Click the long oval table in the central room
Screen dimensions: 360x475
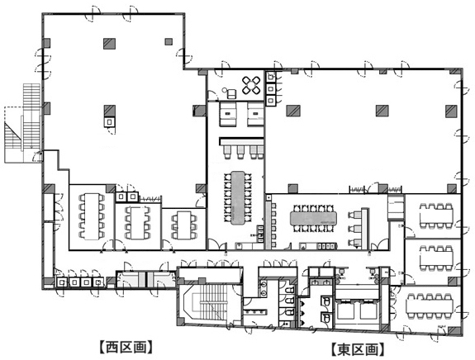pos(238,196)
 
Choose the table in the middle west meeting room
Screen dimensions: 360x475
pos(134,222)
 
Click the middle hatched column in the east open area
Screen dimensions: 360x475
pos(381,111)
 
